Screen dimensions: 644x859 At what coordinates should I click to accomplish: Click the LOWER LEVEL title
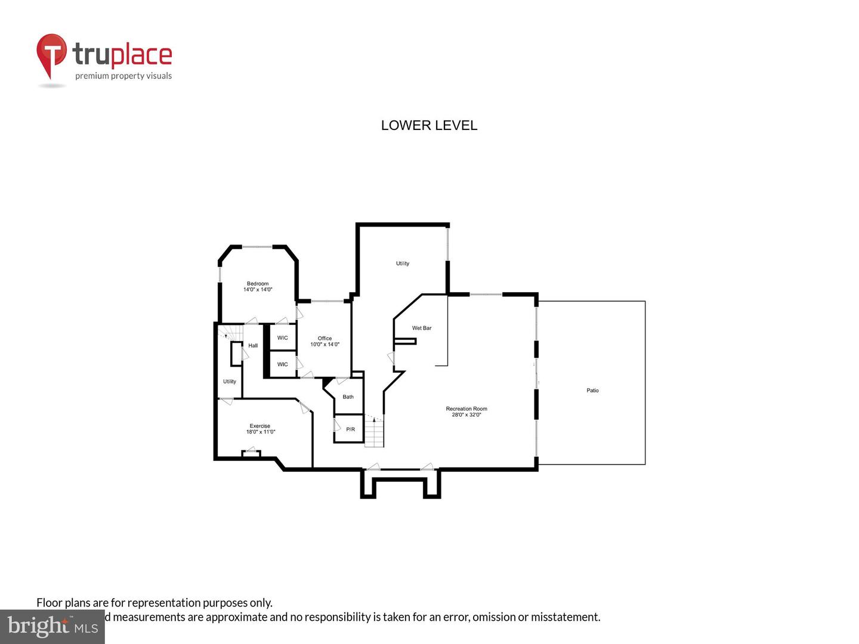click(429, 125)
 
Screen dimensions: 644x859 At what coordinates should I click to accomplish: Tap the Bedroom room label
click(258, 283)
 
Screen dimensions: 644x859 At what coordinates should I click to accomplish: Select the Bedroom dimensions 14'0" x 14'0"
click(258, 290)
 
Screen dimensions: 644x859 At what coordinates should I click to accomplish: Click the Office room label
click(325, 338)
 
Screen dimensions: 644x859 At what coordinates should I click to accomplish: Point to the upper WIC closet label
click(282, 338)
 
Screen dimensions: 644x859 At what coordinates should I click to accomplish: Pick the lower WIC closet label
click(282, 364)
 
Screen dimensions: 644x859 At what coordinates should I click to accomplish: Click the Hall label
click(253, 346)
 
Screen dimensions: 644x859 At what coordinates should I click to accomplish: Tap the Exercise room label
click(260, 426)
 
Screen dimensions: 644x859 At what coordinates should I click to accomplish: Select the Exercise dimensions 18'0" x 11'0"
click(261, 432)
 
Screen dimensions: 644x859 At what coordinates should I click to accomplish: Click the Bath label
click(348, 397)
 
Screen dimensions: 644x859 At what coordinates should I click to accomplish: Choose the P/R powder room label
click(350, 429)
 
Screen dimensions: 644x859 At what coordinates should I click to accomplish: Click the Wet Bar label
click(422, 328)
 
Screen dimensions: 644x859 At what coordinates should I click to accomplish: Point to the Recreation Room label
click(466, 408)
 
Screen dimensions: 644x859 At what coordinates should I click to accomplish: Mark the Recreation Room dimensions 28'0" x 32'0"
click(466, 414)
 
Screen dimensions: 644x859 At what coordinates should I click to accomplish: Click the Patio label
click(592, 391)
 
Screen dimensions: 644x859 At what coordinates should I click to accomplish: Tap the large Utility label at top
click(403, 264)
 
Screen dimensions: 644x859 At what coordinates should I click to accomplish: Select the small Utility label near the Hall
click(230, 382)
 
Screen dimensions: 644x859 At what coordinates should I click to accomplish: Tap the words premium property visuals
click(123, 76)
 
